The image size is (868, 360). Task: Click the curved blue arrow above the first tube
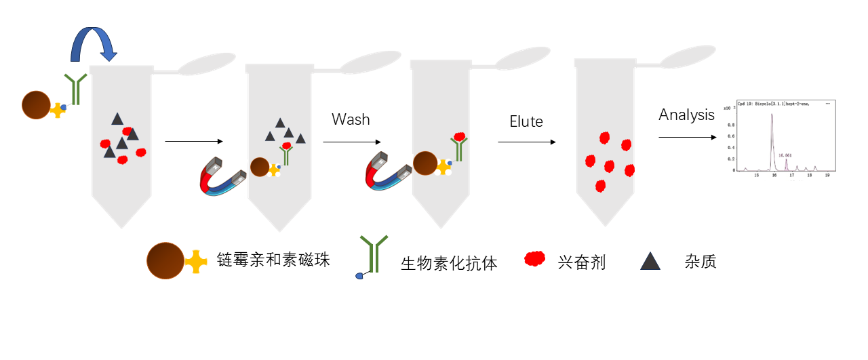[x=94, y=43]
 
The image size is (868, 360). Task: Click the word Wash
[x=351, y=119]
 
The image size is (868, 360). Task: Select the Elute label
[x=526, y=122]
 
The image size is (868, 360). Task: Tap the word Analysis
[x=686, y=115]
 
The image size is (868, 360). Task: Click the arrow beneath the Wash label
[x=351, y=142]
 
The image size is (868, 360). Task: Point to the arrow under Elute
[x=527, y=142]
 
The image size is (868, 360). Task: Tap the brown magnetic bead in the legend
[x=165, y=260]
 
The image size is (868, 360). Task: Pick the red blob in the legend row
[x=535, y=258]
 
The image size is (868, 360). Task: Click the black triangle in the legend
[x=650, y=261]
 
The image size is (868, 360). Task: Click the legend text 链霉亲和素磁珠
[x=273, y=260]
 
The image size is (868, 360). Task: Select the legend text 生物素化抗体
[x=449, y=263]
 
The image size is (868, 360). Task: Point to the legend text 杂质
[x=701, y=262]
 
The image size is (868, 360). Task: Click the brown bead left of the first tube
[x=36, y=105]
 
